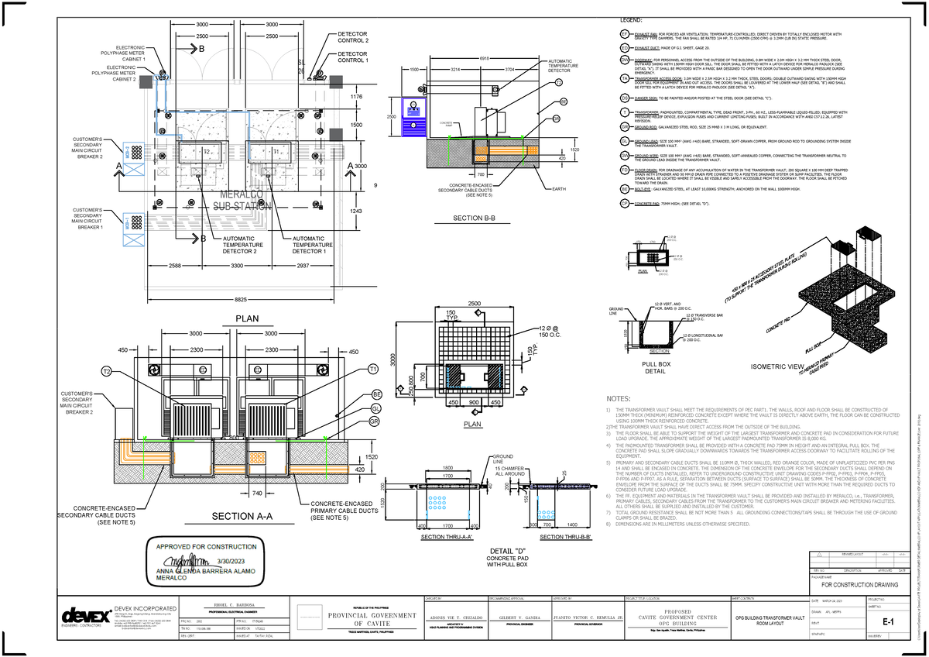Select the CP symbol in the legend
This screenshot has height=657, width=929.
[x=624, y=203]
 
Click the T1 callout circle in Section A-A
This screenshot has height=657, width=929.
[x=373, y=368]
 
